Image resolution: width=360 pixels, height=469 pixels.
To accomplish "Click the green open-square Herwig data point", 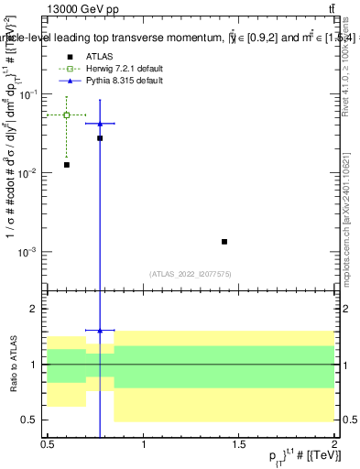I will pos(67,115).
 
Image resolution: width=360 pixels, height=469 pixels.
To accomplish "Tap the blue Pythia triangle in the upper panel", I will pos(100,123).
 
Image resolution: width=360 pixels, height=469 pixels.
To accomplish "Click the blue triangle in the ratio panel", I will pos(100,330).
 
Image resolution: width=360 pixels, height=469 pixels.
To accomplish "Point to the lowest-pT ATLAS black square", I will pos(67,165).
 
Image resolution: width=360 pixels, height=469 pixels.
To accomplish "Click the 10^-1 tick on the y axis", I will pos(29,94).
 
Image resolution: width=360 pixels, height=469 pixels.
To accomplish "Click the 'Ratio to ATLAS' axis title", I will pos(16,364).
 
